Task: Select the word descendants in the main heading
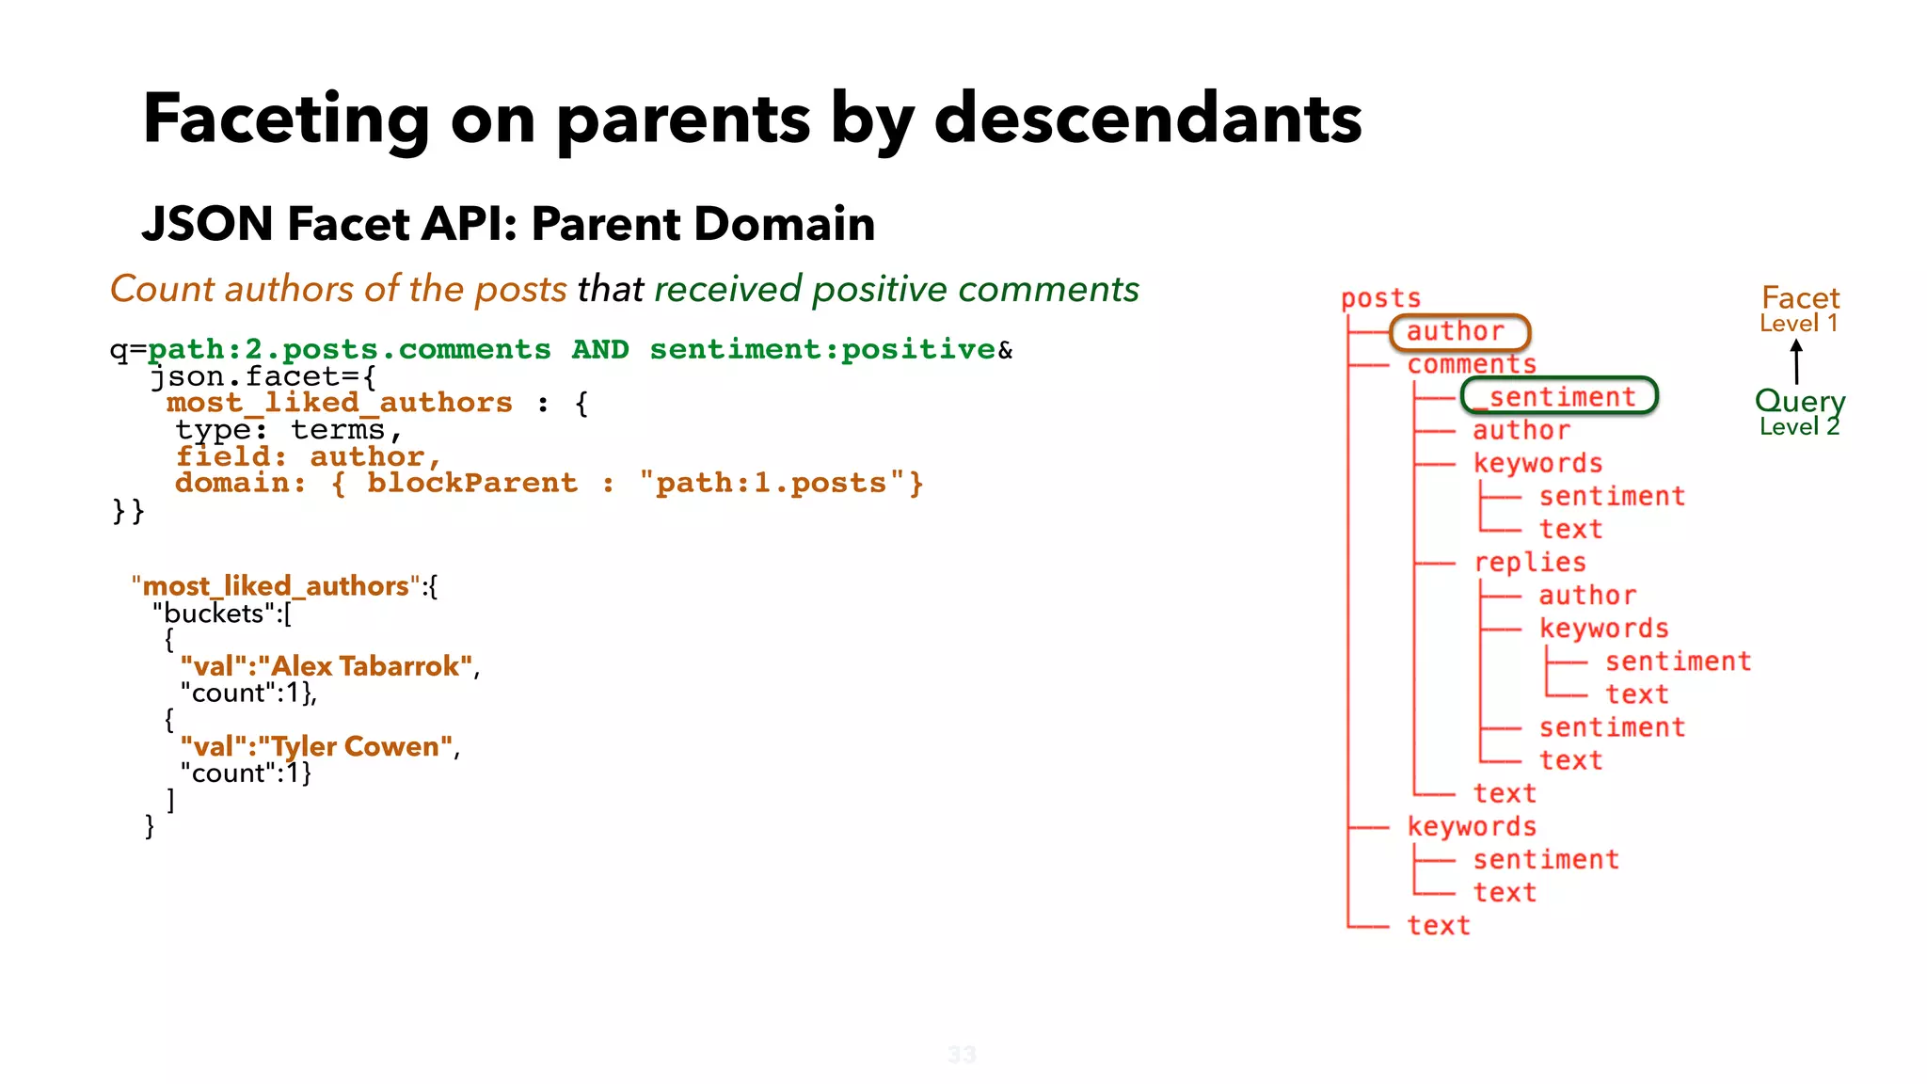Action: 1148,119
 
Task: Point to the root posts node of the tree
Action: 1380,298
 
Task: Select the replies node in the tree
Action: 1529,562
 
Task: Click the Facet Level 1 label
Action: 1799,309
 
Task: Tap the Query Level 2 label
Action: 1799,412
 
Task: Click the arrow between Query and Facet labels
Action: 1796,361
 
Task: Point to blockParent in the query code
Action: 471,483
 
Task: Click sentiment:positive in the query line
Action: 822,349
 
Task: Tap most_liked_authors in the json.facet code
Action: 339,403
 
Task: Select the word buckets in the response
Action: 214,614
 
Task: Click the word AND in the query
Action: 600,349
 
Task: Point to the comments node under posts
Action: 1472,364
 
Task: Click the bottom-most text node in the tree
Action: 1438,925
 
